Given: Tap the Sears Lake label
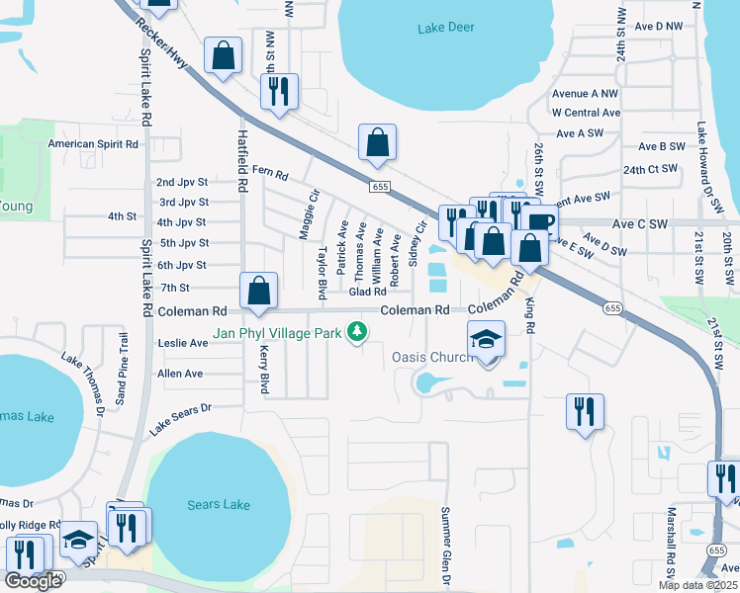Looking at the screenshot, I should point(219,505).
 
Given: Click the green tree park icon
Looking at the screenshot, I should point(353,333).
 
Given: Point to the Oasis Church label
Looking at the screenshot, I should point(432,357).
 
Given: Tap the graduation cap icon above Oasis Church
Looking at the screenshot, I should point(486,339).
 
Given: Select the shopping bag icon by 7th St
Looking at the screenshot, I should point(258,291).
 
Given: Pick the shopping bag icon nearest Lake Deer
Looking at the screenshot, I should point(377,142).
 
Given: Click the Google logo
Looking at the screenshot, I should point(34,580).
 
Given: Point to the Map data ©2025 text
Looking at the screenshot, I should point(697,585).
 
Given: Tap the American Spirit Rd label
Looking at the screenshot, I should point(94,144).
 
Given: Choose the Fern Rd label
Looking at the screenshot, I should point(269,174).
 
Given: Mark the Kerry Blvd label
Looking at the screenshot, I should point(264,368).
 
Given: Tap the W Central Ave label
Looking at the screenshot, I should point(586,113).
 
